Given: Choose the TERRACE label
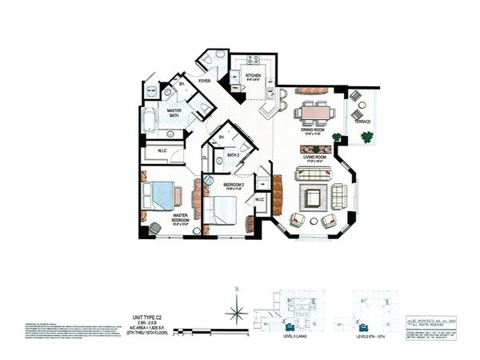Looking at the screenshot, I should [362, 122].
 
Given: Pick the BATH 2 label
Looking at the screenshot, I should [233, 154].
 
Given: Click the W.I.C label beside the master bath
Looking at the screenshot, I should [161, 150].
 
